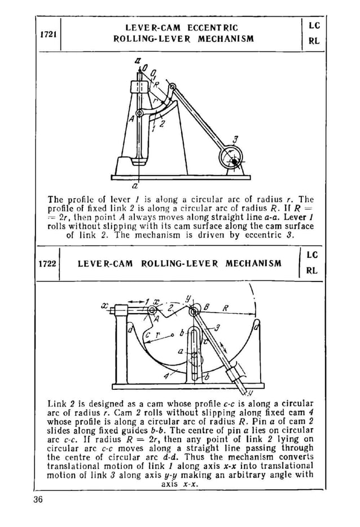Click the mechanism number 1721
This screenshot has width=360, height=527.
click(x=48, y=34)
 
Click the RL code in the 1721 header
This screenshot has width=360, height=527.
click(x=314, y=41)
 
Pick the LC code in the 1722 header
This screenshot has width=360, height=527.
click(x=311, y=255)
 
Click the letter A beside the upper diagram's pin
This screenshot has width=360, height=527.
click(x=131, y=119)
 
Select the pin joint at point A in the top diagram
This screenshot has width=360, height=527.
click(x=139, y=113)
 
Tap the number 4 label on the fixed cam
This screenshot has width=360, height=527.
click(x=165, y=375)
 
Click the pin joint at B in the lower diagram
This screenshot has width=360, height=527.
click(x=195, y=311)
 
